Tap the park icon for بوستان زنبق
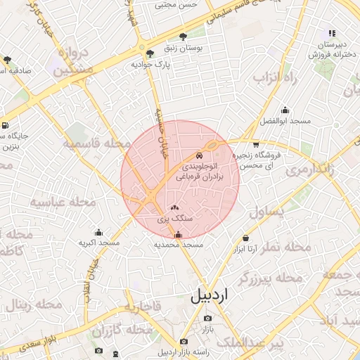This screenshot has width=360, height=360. click(x=184, y=37)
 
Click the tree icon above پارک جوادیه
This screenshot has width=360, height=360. click(x=149, y=53)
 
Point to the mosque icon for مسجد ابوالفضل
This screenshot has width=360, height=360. click(x=285, y=110)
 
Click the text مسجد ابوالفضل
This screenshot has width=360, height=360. click(x=285, y=121)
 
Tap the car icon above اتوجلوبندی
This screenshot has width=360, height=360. click(x=200, y=155)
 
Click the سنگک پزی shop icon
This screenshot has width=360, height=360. click(x=174, y=207)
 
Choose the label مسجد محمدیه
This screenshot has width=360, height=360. click(x=179, y=245)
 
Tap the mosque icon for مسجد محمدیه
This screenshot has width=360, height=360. click(x=177, y=234)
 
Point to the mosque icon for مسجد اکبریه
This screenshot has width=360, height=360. click(x=98, y=233)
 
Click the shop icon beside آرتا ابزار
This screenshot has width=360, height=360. click(x=245, y=238)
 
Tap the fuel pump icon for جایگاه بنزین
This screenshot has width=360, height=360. click(x=6, y=126)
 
